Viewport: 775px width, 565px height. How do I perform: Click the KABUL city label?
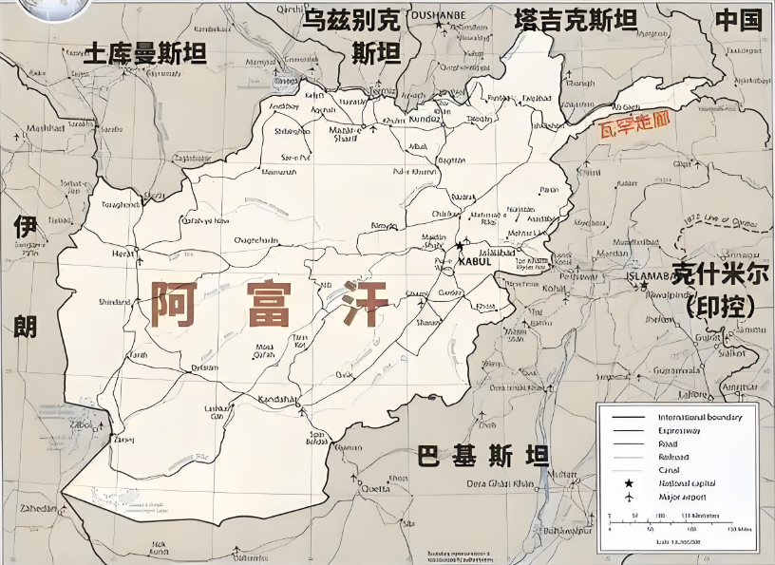[474, 261]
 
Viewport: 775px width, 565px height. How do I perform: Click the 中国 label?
[738, 20]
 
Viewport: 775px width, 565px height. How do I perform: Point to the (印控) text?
[720, 307]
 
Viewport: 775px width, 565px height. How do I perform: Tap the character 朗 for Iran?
[25, 326]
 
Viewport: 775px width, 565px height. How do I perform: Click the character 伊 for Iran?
[25, 227]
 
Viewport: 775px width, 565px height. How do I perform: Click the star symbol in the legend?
[628, 483]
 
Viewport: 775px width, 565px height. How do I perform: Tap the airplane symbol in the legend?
[628, 498]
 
